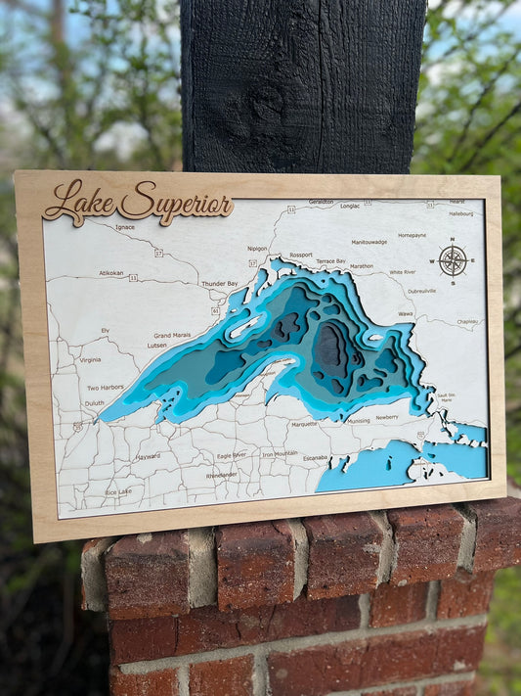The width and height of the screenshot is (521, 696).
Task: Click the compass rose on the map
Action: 453,260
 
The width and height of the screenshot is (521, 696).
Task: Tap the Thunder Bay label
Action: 219,283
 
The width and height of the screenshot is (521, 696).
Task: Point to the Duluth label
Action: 94,402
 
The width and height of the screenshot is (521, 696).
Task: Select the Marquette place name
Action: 304,424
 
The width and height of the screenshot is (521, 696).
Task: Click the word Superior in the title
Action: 176,202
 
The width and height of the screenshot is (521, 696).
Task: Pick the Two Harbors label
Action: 105,387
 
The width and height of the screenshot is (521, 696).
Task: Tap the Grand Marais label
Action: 172,335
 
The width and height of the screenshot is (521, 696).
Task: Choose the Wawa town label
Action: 405,314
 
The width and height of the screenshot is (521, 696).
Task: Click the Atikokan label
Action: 110,273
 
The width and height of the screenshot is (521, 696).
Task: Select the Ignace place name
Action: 125,227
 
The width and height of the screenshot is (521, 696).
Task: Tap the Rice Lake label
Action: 117,491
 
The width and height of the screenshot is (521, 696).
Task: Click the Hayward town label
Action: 148,455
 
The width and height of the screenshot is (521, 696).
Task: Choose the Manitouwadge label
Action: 369,241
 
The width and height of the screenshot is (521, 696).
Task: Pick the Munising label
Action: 359,421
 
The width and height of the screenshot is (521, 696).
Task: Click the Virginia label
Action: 90,359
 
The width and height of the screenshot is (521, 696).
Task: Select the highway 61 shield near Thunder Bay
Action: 214,310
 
